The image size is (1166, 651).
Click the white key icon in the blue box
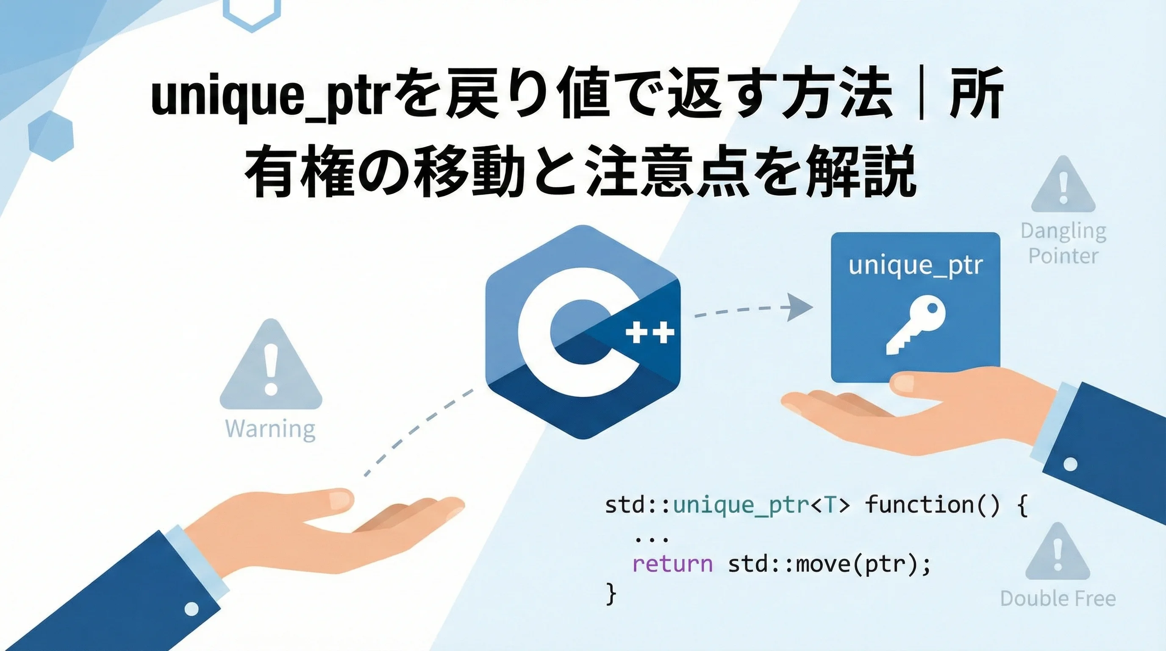[x=915, y=325]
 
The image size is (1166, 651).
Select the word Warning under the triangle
[x=270, y=429]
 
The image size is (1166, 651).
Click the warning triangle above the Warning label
[x=271, y=364]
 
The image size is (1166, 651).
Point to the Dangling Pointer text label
[x=1063, y=244]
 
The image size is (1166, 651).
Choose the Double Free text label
[x=1058, y=598]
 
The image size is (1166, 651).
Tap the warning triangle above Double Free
[x=1058, y=551]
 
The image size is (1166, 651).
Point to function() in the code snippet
[x=933, y=505]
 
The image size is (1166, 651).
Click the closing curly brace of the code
[x=611, y=594]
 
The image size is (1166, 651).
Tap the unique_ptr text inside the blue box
[x=915, y=266]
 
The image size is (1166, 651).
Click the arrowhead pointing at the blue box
[x=800, y=307]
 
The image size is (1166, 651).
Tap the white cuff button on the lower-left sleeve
[x=192, y=609]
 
